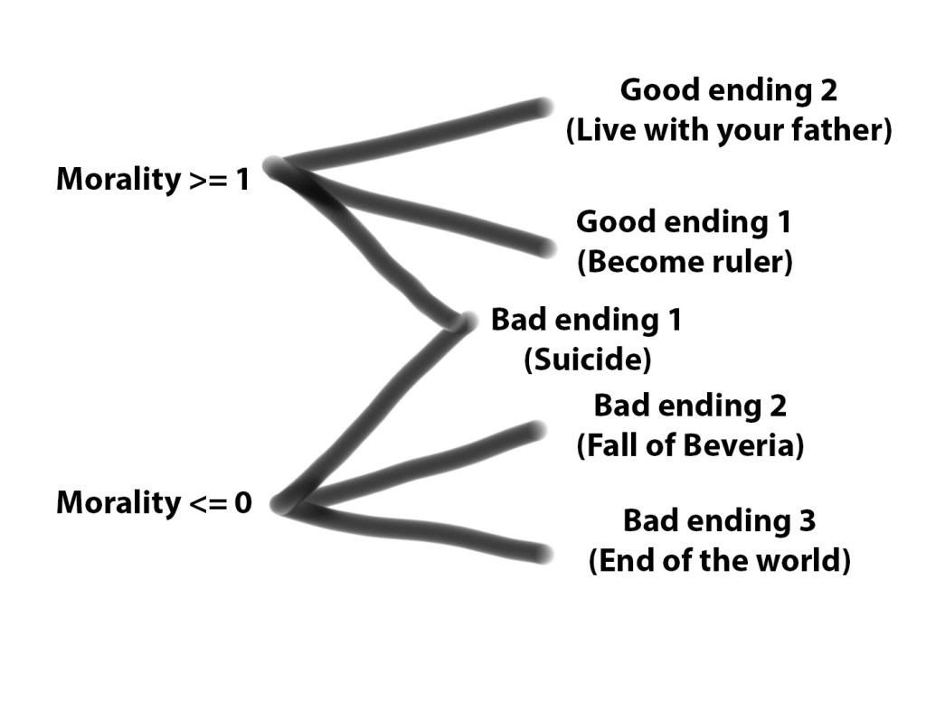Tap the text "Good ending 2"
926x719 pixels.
tap(728, 90)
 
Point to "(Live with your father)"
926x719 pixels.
tap(729, 131)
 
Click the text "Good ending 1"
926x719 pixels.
tap(685, 221)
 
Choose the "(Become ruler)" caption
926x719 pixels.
tap(685, 262)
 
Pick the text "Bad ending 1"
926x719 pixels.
tap(586, 320)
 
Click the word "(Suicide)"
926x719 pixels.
tap(587, 359)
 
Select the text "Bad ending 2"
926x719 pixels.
tap(690, 406)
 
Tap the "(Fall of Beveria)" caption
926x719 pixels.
tap(690, 445)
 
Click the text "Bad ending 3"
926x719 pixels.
tap(719, 520)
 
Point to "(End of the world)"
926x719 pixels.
tap(720, 561)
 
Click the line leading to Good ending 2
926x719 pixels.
tap(416, 136)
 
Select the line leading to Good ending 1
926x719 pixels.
tap(425, 217)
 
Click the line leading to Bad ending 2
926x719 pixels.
tap(425, 461)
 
